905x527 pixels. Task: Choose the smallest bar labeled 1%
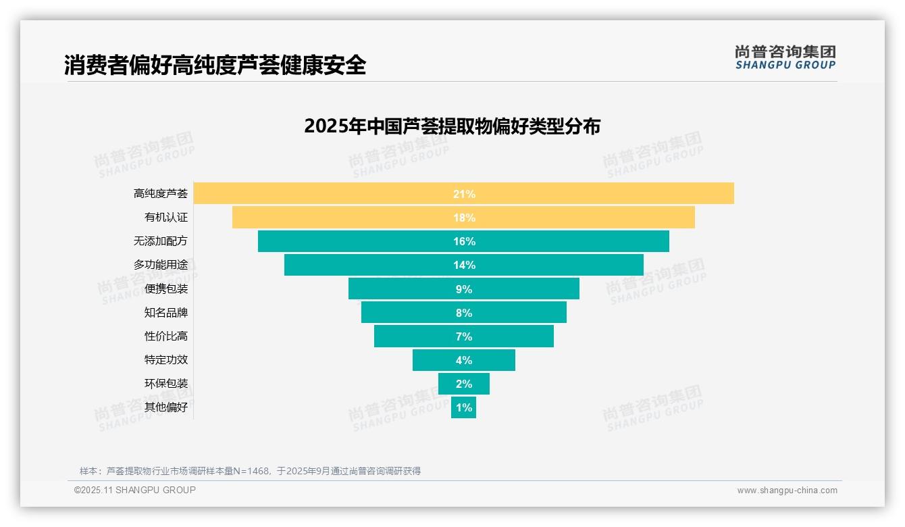463,407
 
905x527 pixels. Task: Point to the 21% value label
464,194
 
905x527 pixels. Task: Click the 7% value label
464,336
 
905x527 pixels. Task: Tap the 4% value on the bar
464,360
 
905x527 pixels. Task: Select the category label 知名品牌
165,313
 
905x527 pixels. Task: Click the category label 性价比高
165,336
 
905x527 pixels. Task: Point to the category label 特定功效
165,360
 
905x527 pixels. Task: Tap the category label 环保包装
165,384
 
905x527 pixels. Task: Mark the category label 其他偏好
165,407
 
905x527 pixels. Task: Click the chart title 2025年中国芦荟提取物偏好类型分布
452,126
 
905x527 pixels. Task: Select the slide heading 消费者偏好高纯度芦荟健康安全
215,66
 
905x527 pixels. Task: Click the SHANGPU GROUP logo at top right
785,57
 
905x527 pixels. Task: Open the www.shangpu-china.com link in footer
787,491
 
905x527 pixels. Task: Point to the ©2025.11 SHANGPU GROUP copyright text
135,491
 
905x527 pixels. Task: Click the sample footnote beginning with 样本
250,471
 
